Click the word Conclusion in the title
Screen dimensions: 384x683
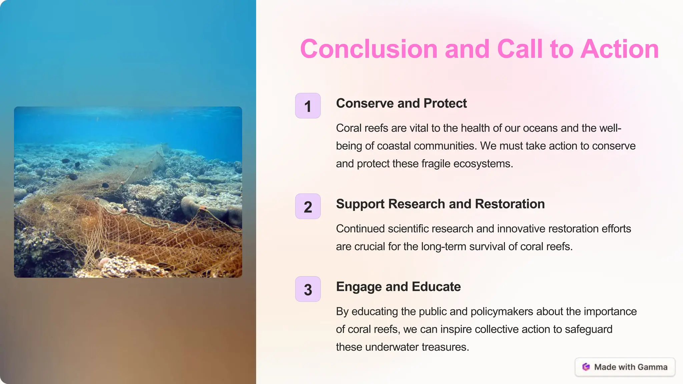(369, 49)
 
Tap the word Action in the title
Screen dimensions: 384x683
(619, 49)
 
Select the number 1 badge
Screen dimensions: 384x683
(308, 106)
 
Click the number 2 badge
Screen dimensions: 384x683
(308, 207)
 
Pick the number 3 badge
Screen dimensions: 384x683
(308, 289)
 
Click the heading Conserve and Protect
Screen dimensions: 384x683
(401, 103)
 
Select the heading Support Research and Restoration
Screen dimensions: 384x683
(440, 204)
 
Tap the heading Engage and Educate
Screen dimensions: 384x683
(398, 287)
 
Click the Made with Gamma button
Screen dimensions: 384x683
(625, 367)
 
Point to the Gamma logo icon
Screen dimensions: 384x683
(586, 367)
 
